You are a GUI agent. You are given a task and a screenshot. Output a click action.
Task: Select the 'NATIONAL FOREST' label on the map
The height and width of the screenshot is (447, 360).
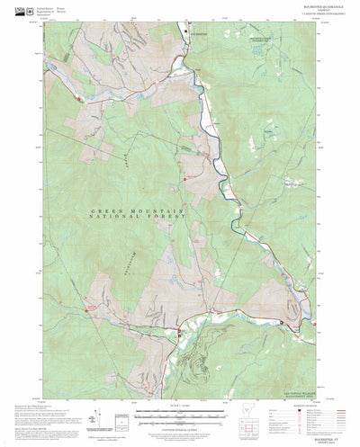(x=139, y=217)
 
